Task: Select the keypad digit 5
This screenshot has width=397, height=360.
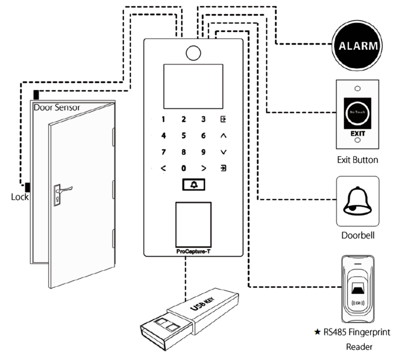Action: pos(184,136)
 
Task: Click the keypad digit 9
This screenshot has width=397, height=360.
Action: pos(204,152)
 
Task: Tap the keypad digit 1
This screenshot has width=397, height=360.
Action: pos(163,120)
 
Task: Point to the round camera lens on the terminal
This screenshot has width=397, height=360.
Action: pos(192,53)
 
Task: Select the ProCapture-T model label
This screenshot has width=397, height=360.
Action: pos(193,253)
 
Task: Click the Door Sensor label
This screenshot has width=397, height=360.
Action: pos(57,107)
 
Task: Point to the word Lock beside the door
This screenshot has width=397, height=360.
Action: pos(20,197)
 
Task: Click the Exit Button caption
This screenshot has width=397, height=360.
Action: pos(358,160)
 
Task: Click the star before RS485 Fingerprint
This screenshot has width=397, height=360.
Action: pos(317,334)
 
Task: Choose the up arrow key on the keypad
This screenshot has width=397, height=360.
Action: pos(223,136)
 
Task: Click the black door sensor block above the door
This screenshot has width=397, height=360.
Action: pos(36,94)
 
